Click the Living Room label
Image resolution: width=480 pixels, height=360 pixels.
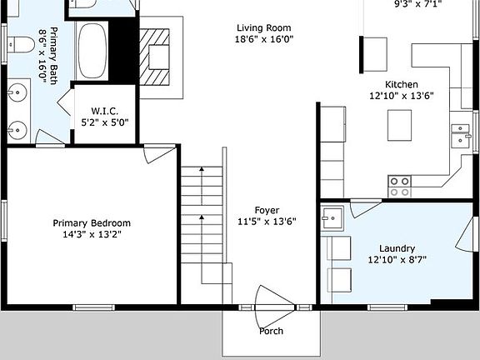pyautogui.click(x=267, y=27)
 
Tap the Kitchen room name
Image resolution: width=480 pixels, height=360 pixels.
pyautogui.click(x=401, y=84)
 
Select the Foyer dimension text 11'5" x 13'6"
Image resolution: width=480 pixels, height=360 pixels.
pyautogui.click(x=267, y=222)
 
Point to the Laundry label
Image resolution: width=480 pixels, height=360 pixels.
pyautogui.click(x=397, y=248)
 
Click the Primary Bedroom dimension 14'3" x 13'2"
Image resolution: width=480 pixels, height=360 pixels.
pyautogui.click(x=92, y=235)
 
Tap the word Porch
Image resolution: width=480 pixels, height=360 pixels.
pyautogui.click(x=271, y=331)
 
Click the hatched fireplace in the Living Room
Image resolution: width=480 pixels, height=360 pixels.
pyautogui.click(x=157, y=57)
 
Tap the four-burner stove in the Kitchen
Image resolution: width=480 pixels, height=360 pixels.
pyautogui.click(x=399, y=185)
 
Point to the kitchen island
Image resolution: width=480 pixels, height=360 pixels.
pyautogui.click(x=400, y=126)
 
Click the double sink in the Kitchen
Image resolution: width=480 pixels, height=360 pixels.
pyautogui.click(x=459, y=134)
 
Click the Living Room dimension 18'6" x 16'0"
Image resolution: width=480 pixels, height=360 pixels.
pyautogui.click(x=267, y=39)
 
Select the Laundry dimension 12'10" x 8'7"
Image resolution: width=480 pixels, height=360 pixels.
pyautogui.click(x=397, y=261)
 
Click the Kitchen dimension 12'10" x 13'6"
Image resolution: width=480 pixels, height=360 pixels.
pyautogui.click(x=401, y=96)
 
